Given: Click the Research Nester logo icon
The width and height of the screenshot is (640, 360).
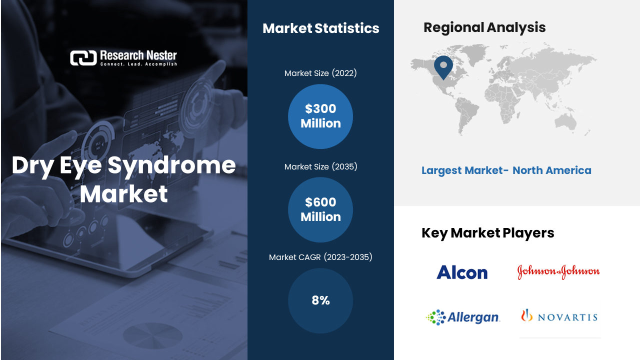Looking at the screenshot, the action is [x=83, y=58].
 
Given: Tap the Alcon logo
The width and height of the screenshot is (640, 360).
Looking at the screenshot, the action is [x=462, y=272].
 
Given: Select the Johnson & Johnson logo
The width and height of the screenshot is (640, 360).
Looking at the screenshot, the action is [x=558, y=271].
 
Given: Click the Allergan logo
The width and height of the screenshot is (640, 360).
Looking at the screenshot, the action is [x=463, y=317].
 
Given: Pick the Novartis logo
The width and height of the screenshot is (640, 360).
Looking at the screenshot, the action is [x=559, y=315].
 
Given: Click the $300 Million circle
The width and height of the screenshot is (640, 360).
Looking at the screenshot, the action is [x=320, y=116].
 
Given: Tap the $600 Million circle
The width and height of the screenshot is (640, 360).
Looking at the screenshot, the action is [x=320, y=209].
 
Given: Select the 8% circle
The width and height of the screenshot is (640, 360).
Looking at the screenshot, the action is [x=320, y=300].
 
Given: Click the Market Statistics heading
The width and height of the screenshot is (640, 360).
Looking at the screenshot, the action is [x=321, y=28].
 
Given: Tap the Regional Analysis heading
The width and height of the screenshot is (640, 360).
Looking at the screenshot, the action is [x=484, y=27].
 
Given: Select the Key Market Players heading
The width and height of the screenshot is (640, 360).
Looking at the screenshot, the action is [x=487, y=233].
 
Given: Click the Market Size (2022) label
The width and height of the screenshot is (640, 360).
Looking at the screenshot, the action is [x=320, y=73].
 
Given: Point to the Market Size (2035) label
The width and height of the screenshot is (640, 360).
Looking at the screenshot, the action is [x=320, y=166].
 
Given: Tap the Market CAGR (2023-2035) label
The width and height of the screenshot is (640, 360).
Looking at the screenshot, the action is [x=320, y=257].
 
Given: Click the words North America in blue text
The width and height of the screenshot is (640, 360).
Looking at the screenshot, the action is [x=552, y=170].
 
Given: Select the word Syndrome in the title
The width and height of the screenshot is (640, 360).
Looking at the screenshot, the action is [x=171, y=165].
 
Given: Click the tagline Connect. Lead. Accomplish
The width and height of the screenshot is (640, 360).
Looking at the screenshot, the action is [x=138, y=64].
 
